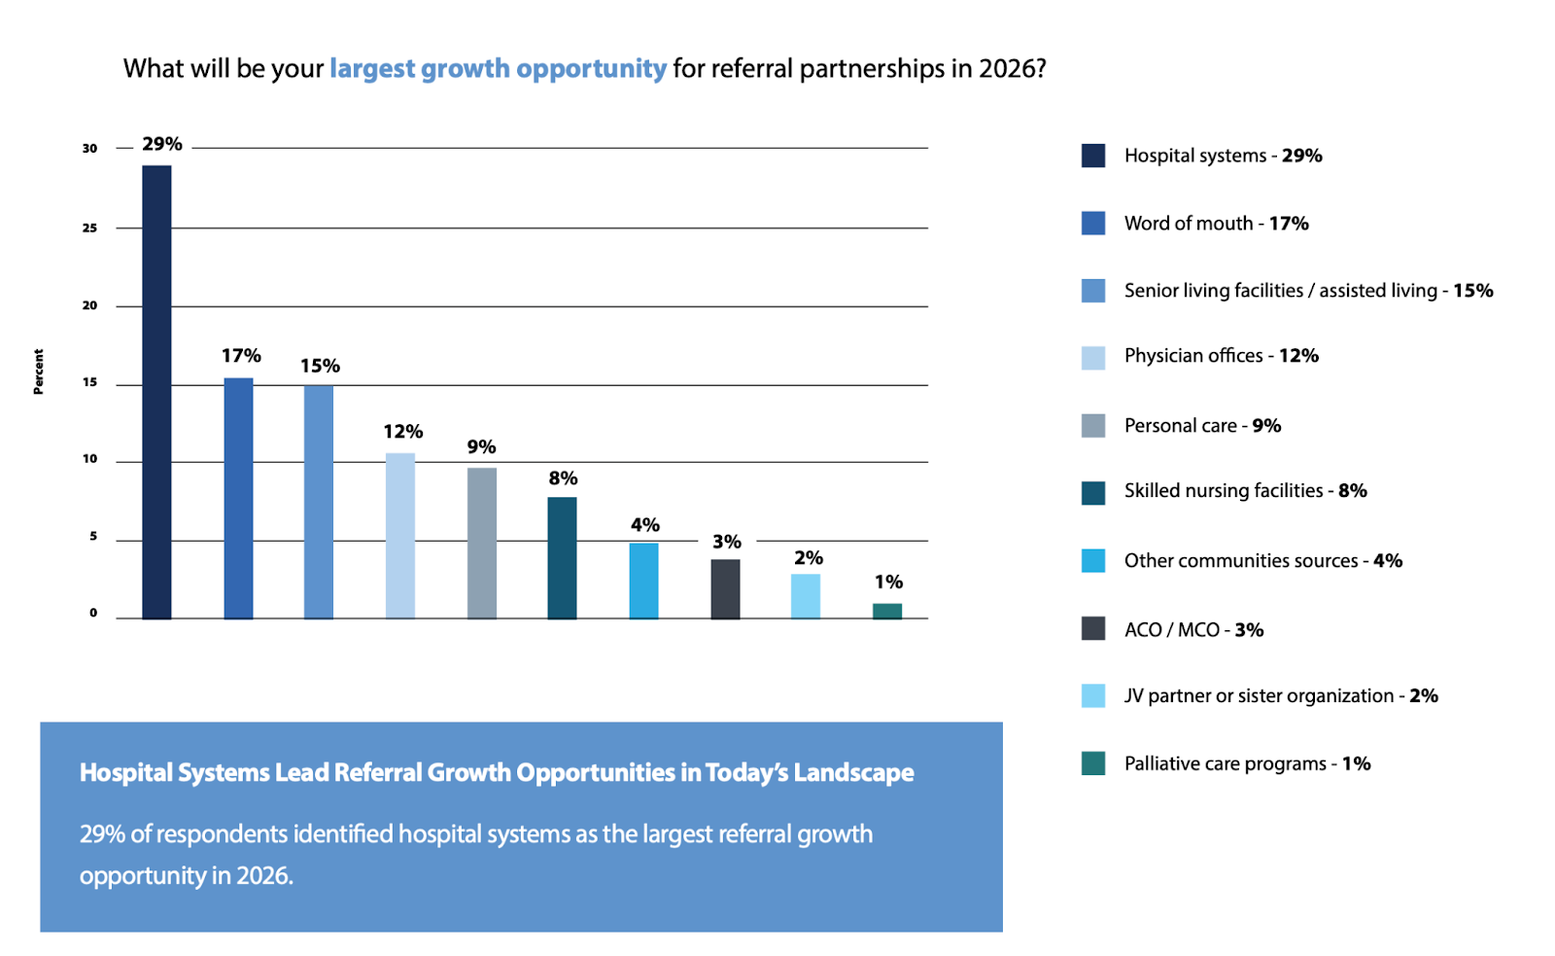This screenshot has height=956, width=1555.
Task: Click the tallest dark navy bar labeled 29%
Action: [x=156, y=392]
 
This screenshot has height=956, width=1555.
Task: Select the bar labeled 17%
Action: [x=238, y=498]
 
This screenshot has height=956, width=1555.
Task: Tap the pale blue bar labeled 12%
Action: [x=399, y=536]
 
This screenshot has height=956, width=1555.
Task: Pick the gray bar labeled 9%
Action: [x=481, y=543]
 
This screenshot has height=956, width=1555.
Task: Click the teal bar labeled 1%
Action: [x=886, y=611]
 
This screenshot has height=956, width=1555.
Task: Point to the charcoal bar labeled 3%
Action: [x=725, y=588]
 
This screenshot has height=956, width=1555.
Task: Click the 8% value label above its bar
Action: [x=563, y=478]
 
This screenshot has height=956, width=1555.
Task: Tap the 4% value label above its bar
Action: [x=644, y=525]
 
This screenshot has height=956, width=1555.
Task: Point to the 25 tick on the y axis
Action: [x=90, y=228]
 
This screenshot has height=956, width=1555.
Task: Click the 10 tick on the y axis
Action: [x=90, y=459]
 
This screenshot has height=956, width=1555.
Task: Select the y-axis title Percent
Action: [x=39, y=372]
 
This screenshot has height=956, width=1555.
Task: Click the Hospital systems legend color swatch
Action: [x=1092, y=156]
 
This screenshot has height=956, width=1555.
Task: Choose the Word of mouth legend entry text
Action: [x=1216, y=224]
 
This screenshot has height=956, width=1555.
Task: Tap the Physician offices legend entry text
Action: [x=1221, y=356]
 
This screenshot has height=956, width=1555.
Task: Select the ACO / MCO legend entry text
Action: [x=1193, y=630]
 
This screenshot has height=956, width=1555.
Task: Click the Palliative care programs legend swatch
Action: [x=1092, y=763]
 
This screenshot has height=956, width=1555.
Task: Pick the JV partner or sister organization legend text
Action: [x=1280, y=696]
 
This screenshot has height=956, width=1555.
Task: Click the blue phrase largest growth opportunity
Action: [x=498, y=69]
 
